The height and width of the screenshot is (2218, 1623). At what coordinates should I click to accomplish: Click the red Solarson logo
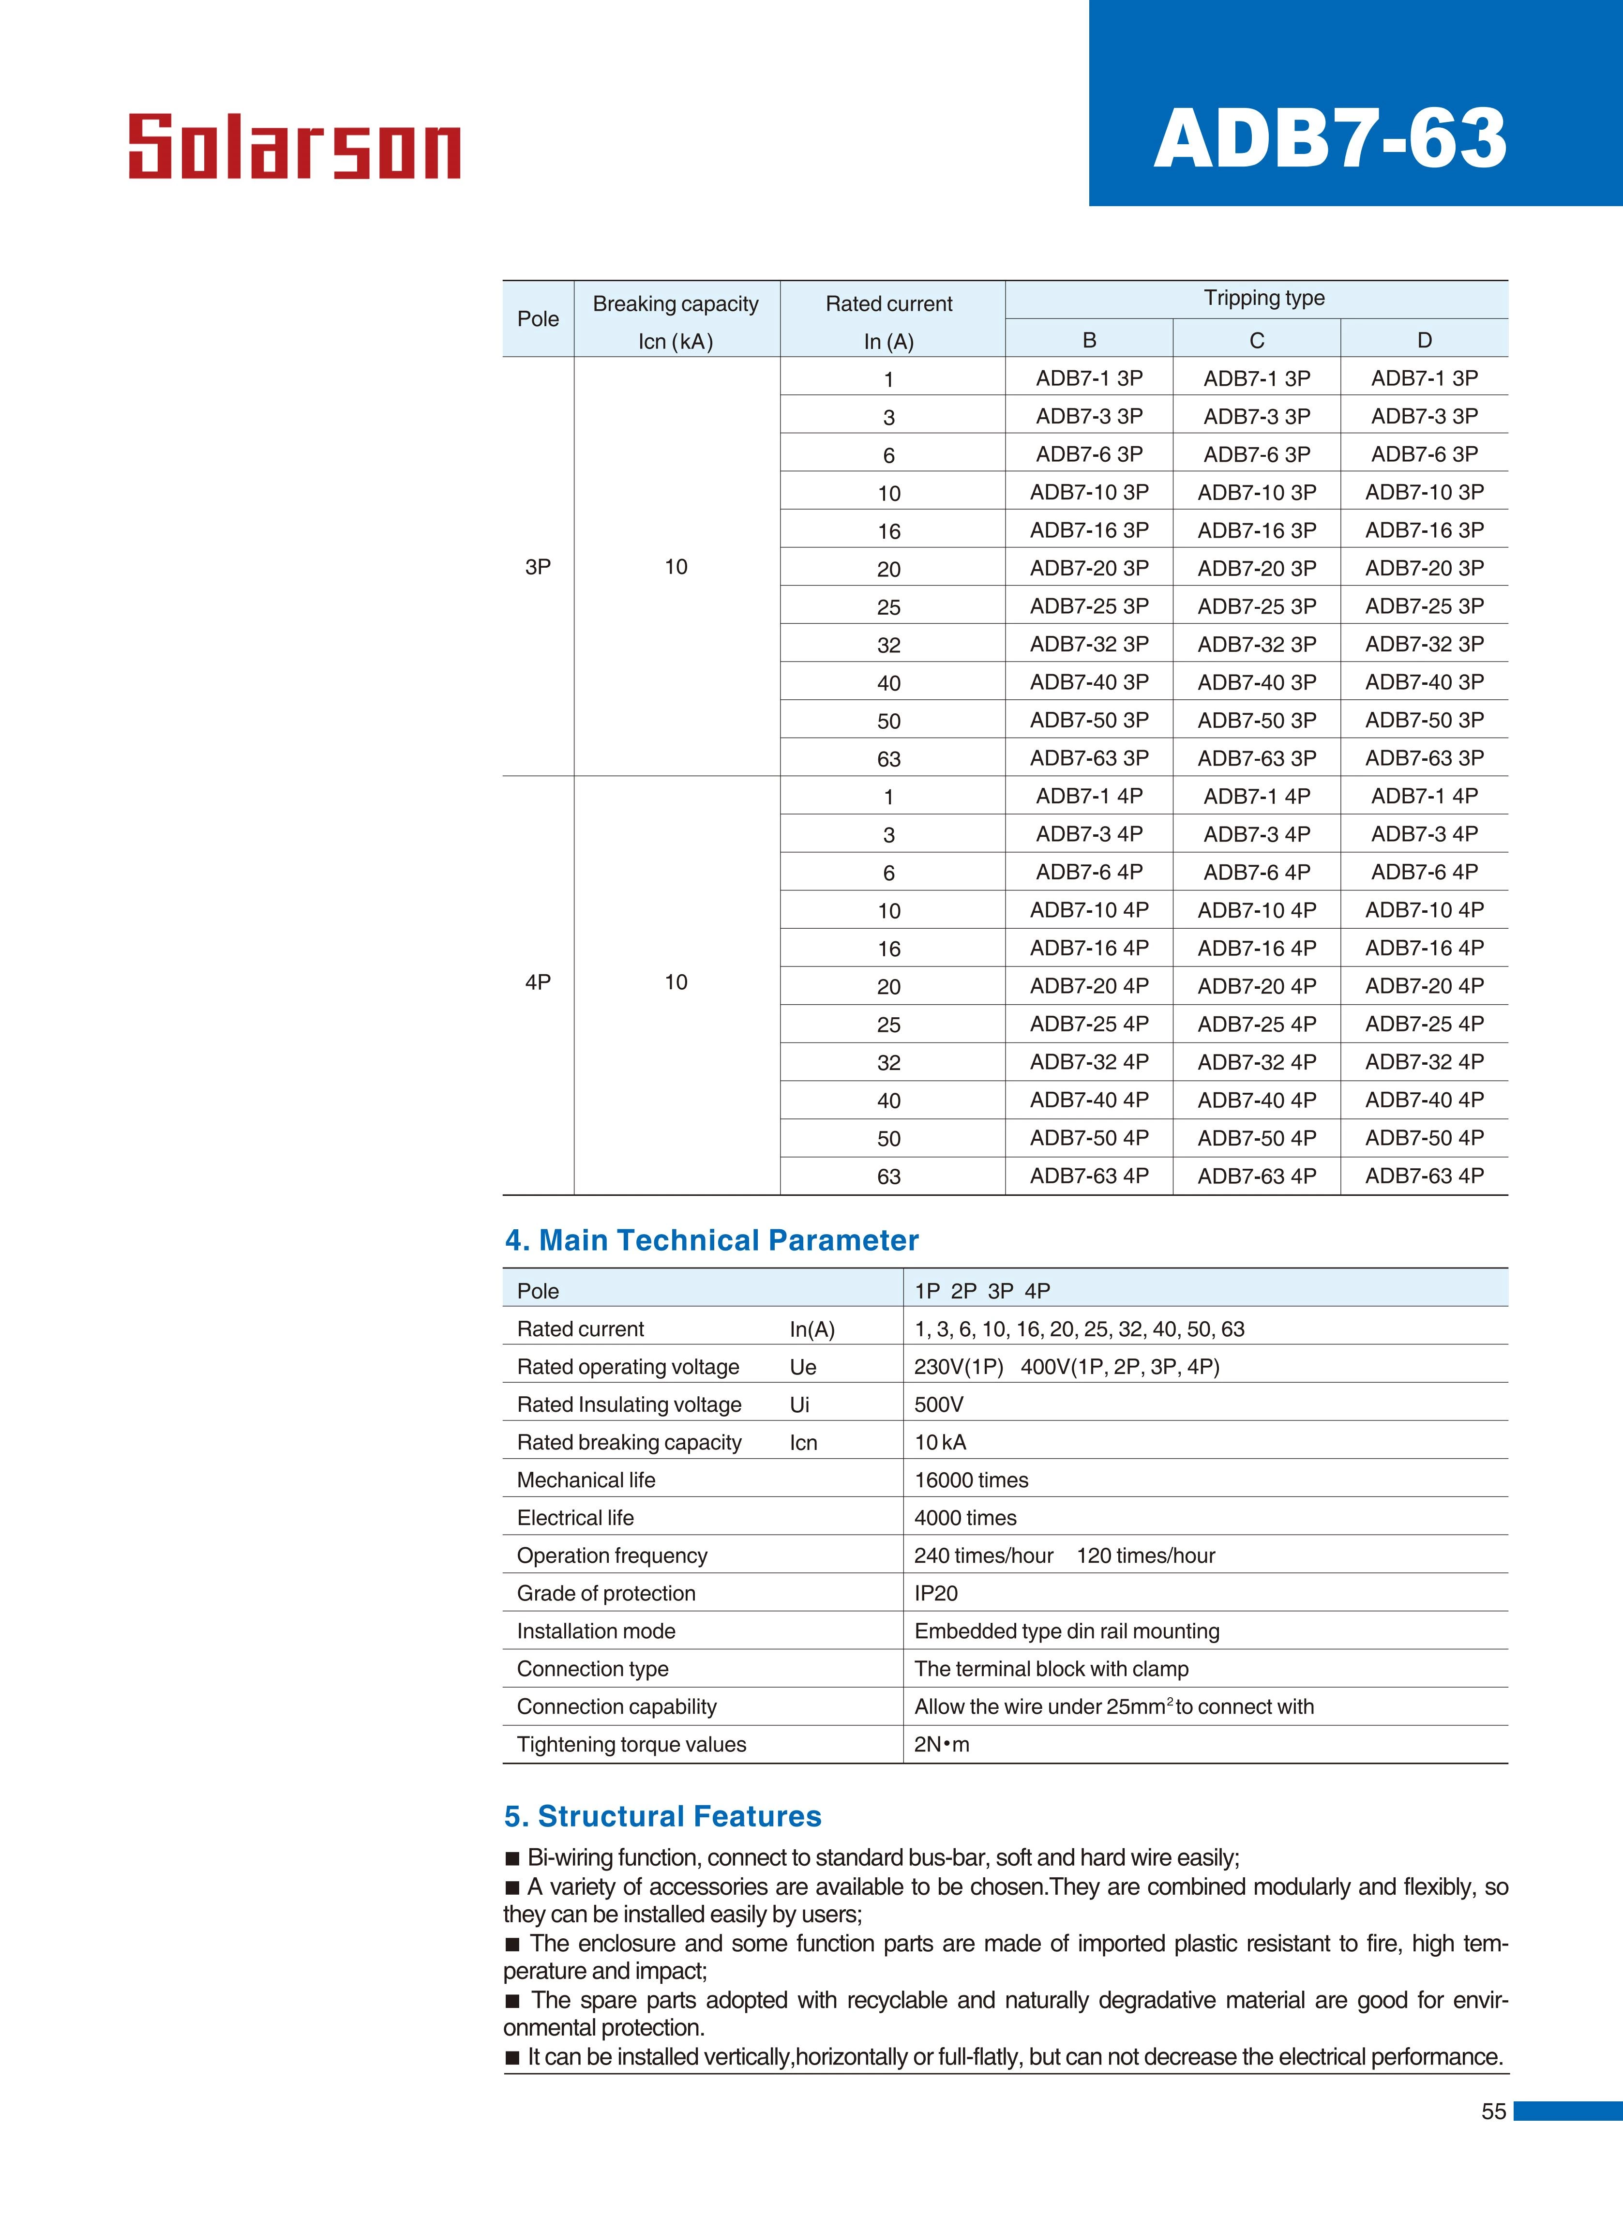[295, 147]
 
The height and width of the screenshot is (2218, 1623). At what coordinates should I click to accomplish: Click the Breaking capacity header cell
[676, 304]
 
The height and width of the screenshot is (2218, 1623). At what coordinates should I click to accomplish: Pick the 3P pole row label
[539, 567]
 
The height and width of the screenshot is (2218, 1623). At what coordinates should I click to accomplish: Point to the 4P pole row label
[539, 982]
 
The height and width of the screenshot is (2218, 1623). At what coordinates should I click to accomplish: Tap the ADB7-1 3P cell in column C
[1257, 378]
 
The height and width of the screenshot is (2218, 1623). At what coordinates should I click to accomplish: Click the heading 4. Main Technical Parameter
[711, 1240]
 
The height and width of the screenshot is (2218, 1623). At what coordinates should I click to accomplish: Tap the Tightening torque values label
[631, 1745]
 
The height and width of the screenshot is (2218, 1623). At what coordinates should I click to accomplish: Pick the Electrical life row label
[576, 1518]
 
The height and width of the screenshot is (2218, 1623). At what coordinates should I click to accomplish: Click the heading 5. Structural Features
[663, 1816]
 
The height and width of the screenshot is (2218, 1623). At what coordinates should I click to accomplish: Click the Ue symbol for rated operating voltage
[803, 1367]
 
